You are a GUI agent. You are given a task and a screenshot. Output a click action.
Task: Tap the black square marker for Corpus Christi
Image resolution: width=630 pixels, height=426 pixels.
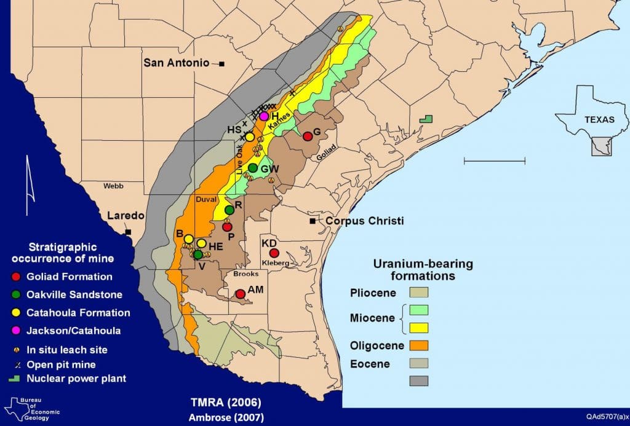[313, 221]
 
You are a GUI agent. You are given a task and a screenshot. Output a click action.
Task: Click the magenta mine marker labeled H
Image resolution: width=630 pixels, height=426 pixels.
[264, 116]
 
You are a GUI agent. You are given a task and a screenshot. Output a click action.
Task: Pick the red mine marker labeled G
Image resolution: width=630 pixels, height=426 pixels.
[308, 136]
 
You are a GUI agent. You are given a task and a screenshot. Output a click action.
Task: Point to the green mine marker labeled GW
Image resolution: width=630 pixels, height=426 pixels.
[253, 168]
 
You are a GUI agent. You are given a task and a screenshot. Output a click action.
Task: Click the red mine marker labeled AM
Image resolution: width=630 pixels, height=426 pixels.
[241, 294]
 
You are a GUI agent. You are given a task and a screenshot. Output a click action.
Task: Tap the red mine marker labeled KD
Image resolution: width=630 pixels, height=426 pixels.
[274, 253]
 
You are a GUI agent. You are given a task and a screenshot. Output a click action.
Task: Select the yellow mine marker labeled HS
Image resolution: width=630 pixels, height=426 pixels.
[250, 136]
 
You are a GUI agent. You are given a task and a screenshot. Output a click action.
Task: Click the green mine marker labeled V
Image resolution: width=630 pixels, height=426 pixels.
[198, 254]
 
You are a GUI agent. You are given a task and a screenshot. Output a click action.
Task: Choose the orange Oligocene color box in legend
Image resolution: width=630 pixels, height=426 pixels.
[419, 345]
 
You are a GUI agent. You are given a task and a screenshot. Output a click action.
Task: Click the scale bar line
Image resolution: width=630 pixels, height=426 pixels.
[494, 161]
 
